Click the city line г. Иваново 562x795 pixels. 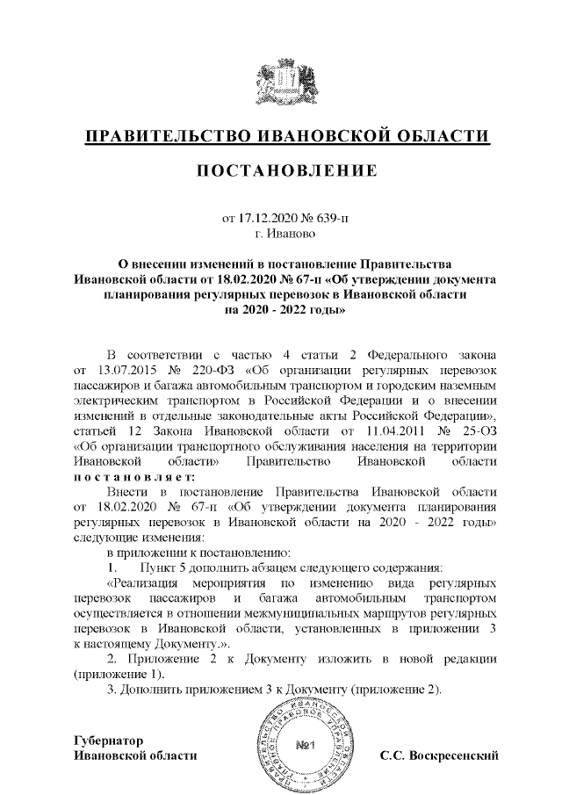click(x=280, y=235)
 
